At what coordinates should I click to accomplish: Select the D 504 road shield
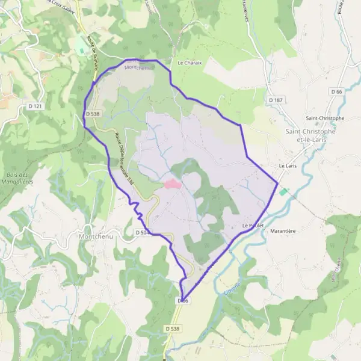[142, 232]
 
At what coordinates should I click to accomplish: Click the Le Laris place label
[288, 165]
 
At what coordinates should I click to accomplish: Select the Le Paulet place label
[253, 226]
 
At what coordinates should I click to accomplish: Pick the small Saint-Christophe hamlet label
[325, 118]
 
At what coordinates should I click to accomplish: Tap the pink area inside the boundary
[171, 184]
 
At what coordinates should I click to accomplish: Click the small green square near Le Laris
[283, 191]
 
